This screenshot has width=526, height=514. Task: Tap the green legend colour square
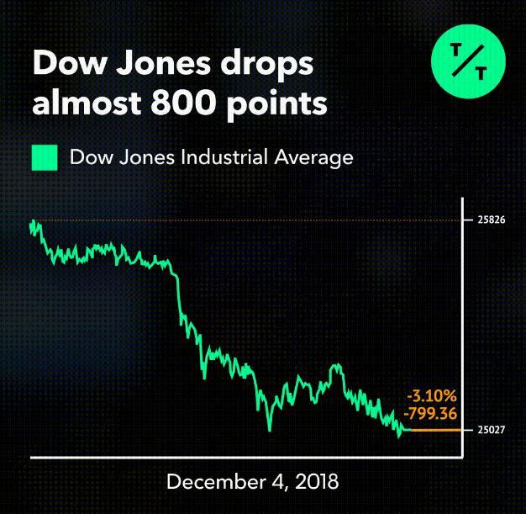[44, 157]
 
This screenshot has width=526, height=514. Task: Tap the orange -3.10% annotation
[432, 395]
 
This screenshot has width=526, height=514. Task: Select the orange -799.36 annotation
[431, 412]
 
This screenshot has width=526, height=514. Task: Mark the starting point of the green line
[32, 224]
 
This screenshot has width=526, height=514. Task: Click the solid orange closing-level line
[433, 430]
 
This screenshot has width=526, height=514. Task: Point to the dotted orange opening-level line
[252, 220]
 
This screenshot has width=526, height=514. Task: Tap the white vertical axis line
[461, 336]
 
